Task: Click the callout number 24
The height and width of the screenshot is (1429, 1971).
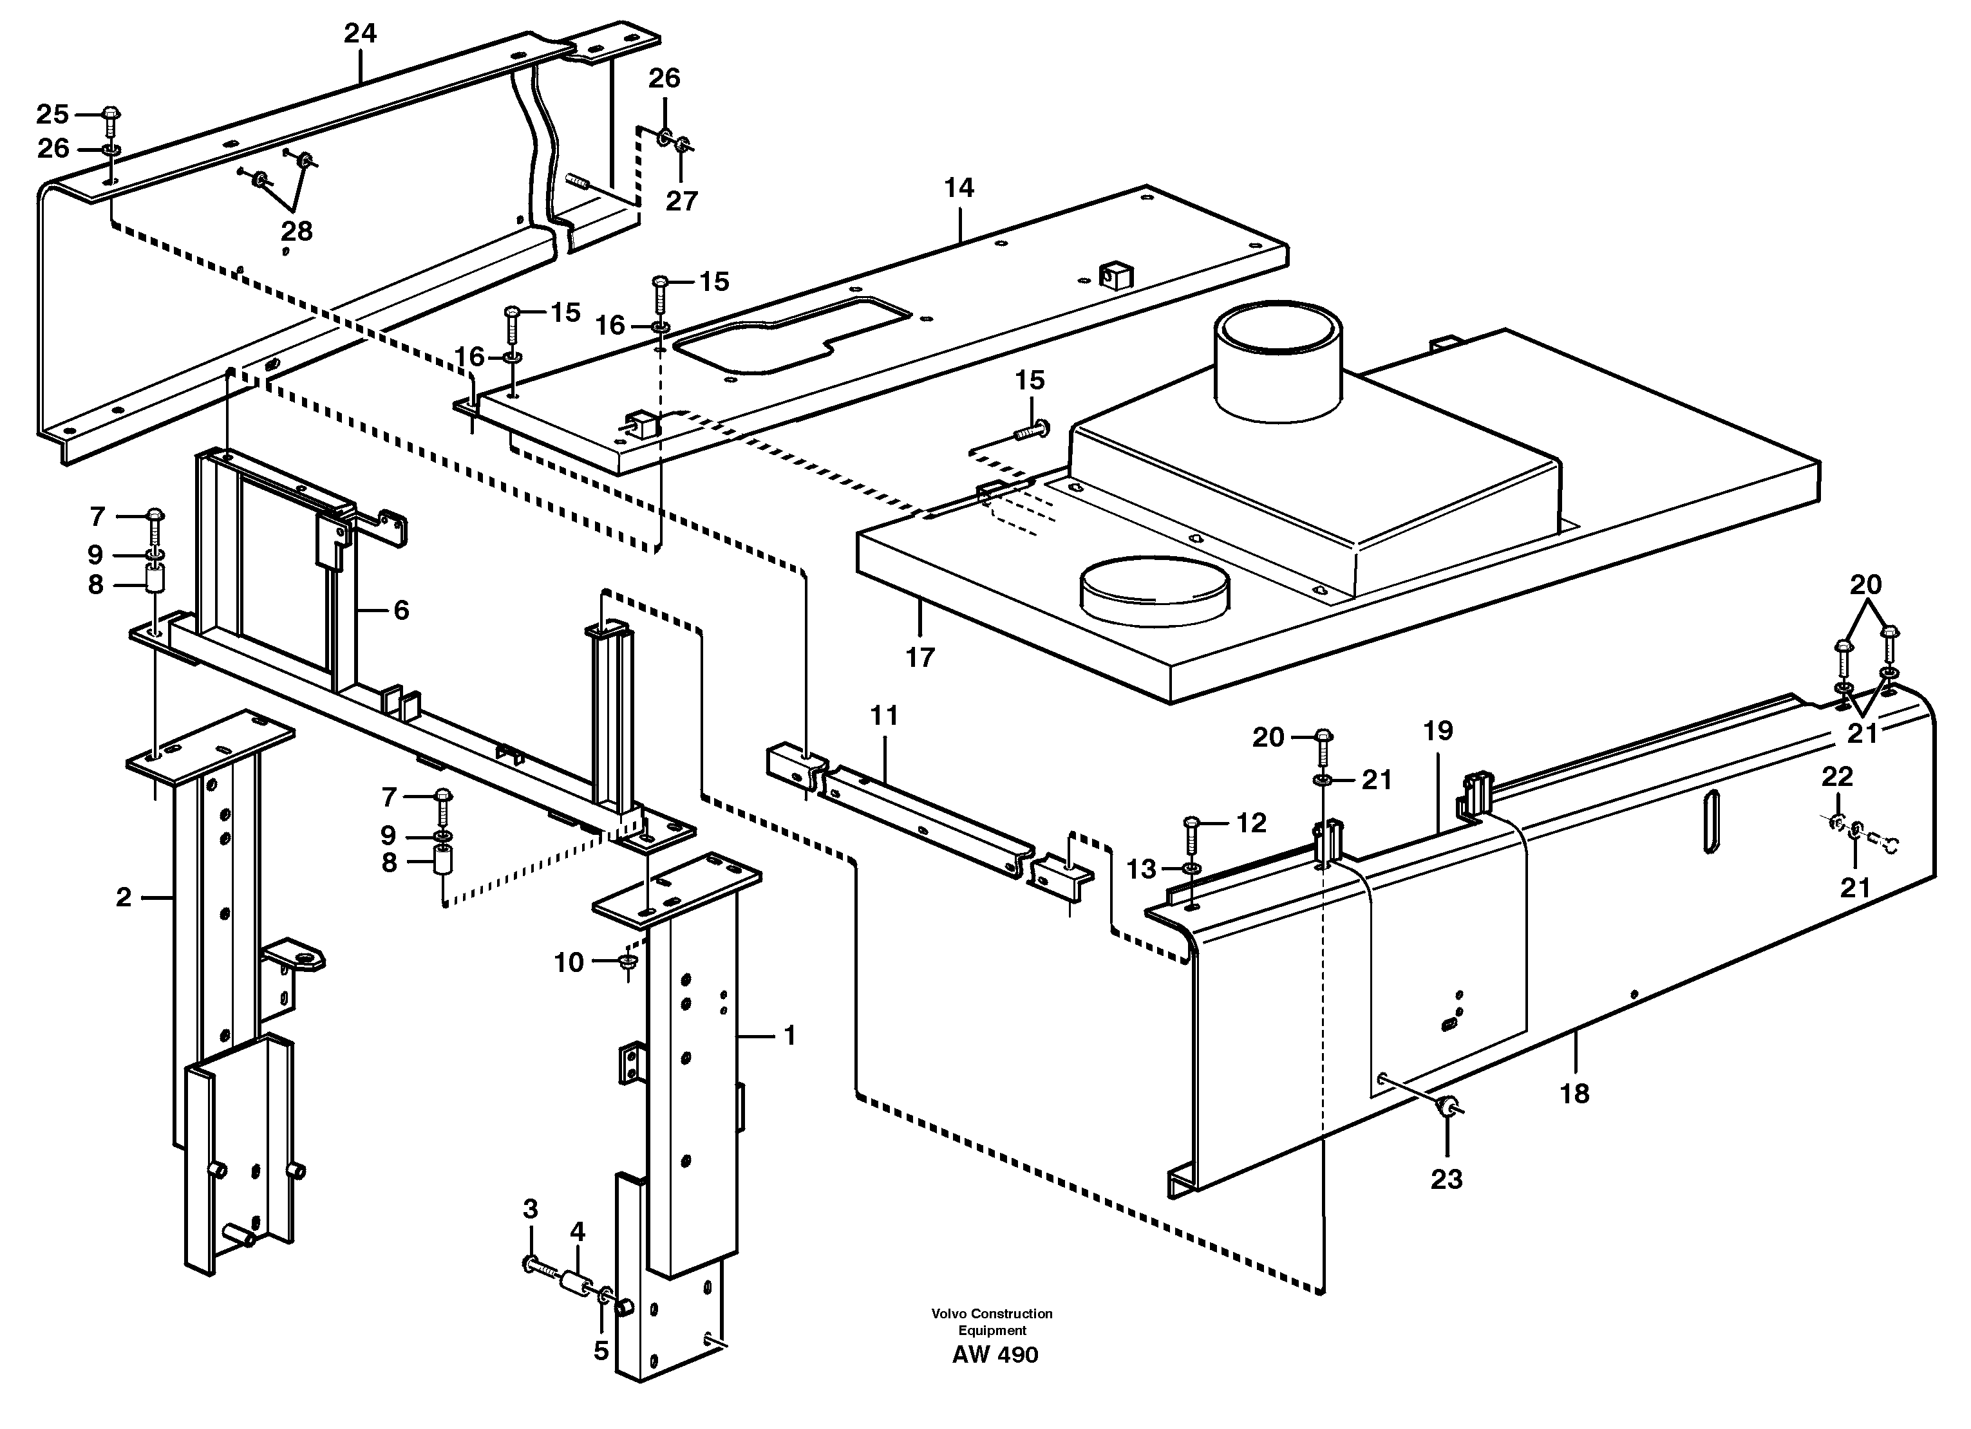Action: pyautogui.click(x=360, y=33)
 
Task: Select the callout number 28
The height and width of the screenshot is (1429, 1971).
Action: pyautogui.click(x=296, y=231)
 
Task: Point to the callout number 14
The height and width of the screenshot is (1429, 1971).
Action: pyautogui.click(x=959, y=188)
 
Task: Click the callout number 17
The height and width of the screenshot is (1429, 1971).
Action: pyautogui.click(x=920, y=658)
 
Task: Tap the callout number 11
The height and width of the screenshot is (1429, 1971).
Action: pyautogui.click(x=884, y=716)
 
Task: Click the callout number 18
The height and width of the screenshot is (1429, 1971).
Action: pyautogui.click(x=1575, y=1093)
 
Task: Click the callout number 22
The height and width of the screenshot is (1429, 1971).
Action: pyautogui.click(x=1837, y=776)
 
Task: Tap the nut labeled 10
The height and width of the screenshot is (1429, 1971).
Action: pyautogui.click(x=627, y=962)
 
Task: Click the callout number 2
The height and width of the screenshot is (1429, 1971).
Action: pyautogui.click(x=124, y=897)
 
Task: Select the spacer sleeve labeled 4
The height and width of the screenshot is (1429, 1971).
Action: pyautogui.click(x=574, y=1284)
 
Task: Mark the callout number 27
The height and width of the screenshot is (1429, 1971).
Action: pyautogui.click(x=681, y=201)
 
